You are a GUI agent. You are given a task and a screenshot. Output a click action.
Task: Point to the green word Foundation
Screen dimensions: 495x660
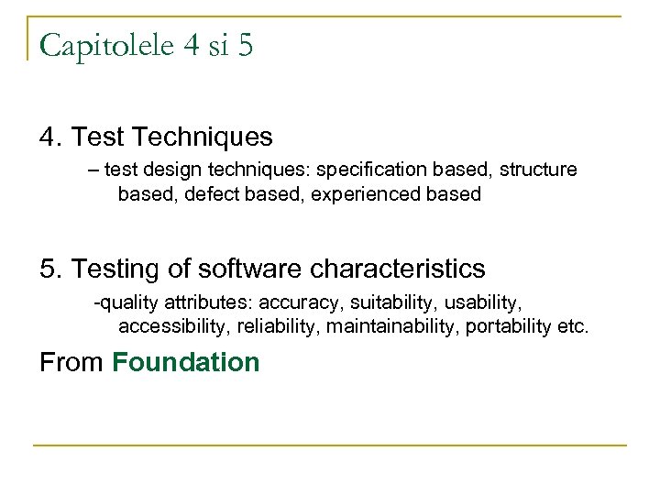[x=186, y=362]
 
